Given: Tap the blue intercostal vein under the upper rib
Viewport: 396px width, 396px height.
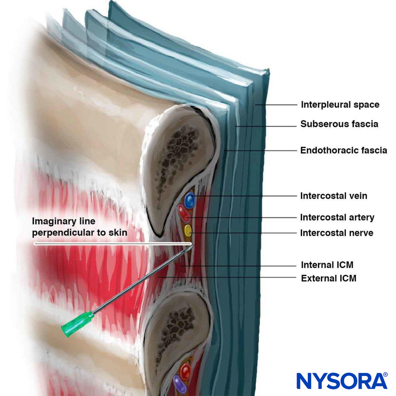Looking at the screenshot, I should click(x=189, y=200).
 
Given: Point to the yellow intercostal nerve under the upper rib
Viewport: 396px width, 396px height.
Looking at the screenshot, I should click(x=188, y=230).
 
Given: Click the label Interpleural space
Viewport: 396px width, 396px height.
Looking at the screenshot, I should click(x=340, y=105).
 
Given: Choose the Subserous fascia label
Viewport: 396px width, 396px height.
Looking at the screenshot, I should click(x=339, y=124).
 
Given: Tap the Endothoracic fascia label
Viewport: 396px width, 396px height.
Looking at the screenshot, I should click(x=343, y=150).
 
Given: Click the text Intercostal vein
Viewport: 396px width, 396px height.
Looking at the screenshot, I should click(x=333, y=196).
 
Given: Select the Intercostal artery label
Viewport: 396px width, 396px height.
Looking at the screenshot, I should click(x=337, y=218).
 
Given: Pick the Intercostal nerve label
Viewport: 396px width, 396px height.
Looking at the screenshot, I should click(x=336, y=233).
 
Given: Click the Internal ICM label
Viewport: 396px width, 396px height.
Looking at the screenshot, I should click(x=327, y=265).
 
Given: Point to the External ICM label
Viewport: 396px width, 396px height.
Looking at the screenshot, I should click(x=328, y=278).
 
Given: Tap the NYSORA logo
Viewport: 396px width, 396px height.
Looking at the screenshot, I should click(x=342, y=381).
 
